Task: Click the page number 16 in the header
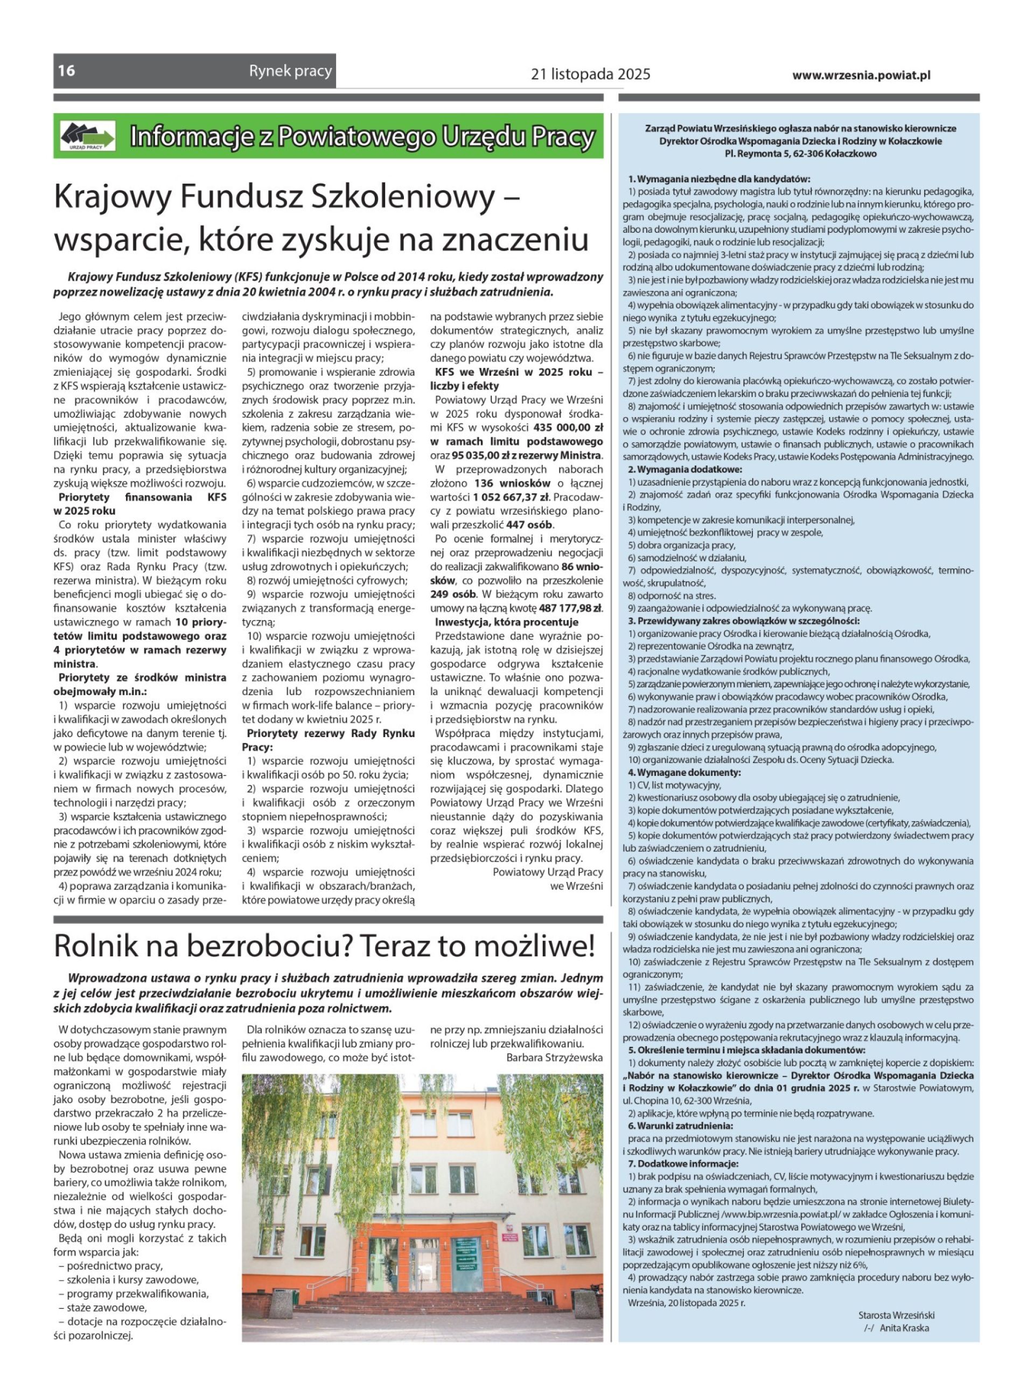pos(66,70)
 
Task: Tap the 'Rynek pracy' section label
pos(290,71)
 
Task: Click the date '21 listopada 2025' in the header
pos(590,74)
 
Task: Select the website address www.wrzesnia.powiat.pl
pos(861,75)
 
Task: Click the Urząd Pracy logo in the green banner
pos(88,136)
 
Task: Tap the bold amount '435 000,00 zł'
pos(568,428)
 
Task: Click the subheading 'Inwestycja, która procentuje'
pos(506,622)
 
